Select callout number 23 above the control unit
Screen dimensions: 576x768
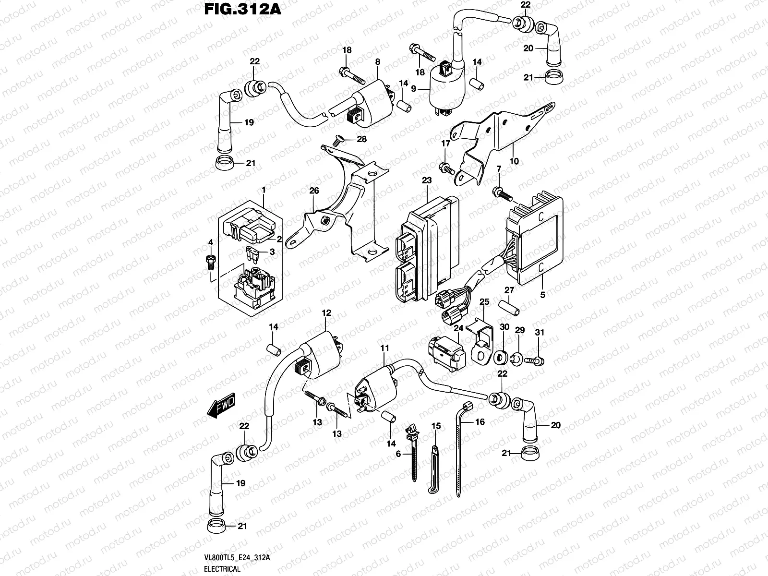click(x=427, y=180)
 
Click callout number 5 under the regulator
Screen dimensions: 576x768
click(x=542, y=295)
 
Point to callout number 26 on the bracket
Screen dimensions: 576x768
click(x=314, y=191)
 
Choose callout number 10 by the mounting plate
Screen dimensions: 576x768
click(x=514, y=162)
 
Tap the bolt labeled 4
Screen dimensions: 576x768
click(x=210, y=261)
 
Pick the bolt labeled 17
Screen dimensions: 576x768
click(x=445, y=168)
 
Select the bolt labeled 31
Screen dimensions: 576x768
click(x=534, y=359)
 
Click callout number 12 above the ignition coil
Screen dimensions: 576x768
click(x=326, y=313)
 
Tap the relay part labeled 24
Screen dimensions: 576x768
click(x=445, y=352)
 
